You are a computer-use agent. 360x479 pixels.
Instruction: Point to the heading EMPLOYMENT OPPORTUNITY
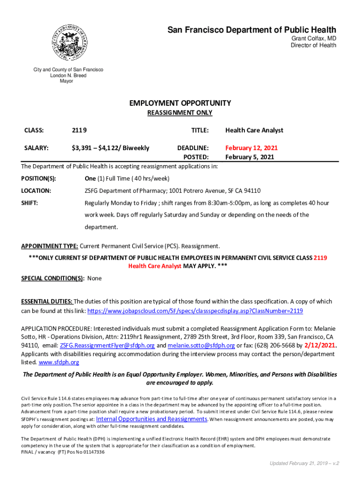180,103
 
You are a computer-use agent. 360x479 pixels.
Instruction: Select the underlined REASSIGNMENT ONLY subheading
180,113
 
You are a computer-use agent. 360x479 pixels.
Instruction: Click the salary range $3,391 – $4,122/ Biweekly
110,148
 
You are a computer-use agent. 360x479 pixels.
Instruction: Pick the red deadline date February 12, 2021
252,148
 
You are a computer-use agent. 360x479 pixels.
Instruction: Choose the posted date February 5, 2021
250,157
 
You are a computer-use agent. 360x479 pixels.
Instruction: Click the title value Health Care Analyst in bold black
254,131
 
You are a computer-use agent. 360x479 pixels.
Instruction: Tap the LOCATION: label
36,191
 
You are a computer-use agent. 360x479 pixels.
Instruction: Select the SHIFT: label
29,203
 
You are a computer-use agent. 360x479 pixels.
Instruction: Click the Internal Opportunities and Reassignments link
151,419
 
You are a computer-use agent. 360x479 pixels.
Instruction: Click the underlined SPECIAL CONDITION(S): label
52,278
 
